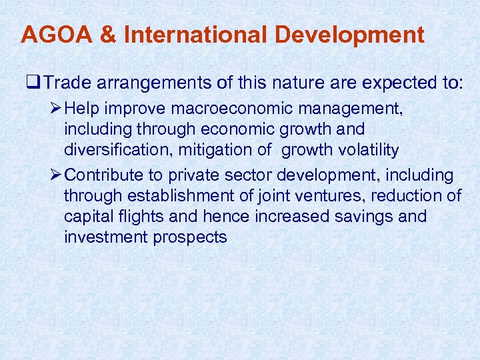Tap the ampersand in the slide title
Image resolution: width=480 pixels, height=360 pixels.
click(107, 35)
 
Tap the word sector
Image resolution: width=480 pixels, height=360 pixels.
click(246, 175)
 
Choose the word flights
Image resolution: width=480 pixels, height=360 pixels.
click(132, 217)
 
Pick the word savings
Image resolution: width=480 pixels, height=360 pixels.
click(369, 217)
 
